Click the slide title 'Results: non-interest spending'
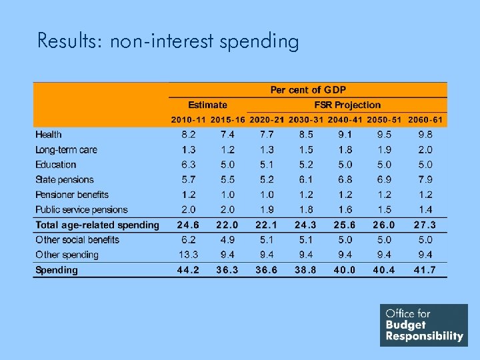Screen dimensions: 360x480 coord(168,41)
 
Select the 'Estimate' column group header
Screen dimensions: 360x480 coord(207,105)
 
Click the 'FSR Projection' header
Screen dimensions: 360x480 coord(347,105)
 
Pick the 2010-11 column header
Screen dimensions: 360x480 coord(189,120)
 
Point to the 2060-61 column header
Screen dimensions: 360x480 coord(425,120)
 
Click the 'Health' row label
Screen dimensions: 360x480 coord(49,135)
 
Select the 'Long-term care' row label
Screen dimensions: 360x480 coord(66,149)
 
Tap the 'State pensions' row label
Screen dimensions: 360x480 coord(65,179)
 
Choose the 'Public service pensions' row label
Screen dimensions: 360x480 coord(81,209)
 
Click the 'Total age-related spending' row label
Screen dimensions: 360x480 coord(97,225)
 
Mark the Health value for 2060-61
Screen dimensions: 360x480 coord(425,135)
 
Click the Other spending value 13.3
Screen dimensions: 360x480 coord(188,255)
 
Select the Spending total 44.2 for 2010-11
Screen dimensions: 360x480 coord(188,270)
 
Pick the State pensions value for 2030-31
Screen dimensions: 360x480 coord(306,179)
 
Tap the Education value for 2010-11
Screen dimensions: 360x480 coord(189,165)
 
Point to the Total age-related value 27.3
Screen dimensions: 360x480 coord(425,225)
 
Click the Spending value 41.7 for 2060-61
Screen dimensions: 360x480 coord(425,270)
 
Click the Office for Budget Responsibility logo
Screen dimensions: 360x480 coord(424,325)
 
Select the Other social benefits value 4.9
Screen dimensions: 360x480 coord(228,239)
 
